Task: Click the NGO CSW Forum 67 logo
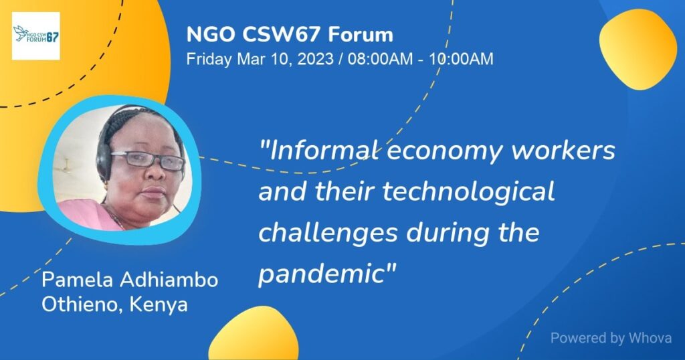pyautogui.click(x=36, y=36)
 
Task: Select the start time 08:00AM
pyautogui.click(x=380, y=58)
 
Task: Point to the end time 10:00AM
pyautogui.click(x=461, y=58)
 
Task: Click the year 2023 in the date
pyautogui.click(x=316, y=58)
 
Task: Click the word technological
pyautogui.click(x=469, y=193)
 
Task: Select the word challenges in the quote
pyautogui.click(x=328, y=234)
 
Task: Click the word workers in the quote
pyautogui.click(x=563, y=151)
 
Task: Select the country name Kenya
pyautogui.click(x=159, y=305)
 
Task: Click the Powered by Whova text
pyautogui.click(x=611, y=338)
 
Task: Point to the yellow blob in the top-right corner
pyautogui.click(x=638, y=49)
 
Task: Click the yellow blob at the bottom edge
pyautogui.click(x=254, y=334)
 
